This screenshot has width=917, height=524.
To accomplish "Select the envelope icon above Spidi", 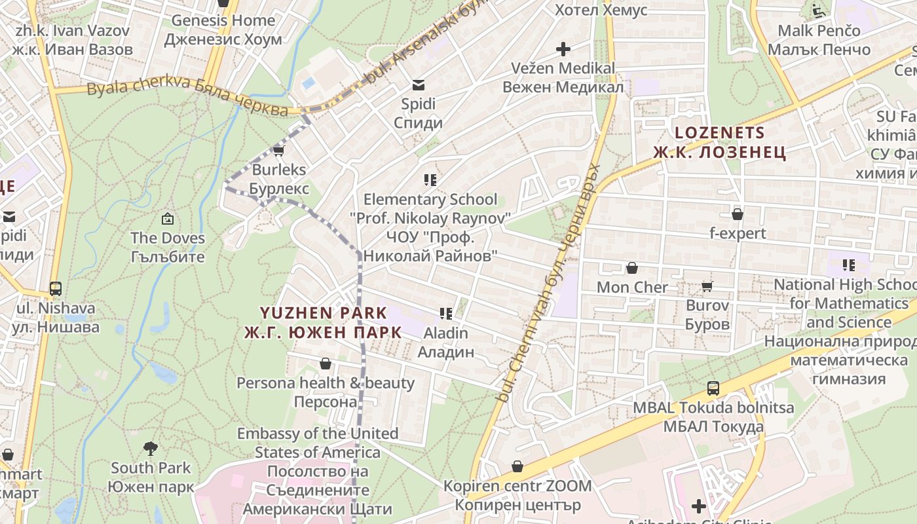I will tap(418, 84).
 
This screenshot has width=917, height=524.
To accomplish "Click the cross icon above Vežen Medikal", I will tap(563, 49).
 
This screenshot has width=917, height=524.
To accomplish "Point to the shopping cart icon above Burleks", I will tap(278, 151).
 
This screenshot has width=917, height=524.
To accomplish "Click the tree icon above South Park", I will tap(151, 449).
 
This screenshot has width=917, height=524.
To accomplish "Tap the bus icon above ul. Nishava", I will tap(56, 289).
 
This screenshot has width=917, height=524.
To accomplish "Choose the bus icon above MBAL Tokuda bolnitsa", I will tap(713, 388).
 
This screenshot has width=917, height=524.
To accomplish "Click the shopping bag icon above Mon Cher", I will tap(632, 268).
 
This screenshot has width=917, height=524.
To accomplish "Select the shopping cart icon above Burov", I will tap(707, 286).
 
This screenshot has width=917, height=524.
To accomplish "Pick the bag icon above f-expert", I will tap(738, 214).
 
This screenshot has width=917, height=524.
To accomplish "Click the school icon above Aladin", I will tap(447, 314).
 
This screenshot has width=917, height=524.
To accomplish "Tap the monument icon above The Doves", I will tap(168, 219).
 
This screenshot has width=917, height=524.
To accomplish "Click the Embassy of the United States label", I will tap(318, 443).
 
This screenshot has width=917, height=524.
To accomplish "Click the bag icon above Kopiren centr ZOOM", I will tap(517, 466).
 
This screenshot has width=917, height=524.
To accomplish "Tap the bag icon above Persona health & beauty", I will tap(326, 364).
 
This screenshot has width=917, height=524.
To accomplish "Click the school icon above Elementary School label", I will tap(430, 179).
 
